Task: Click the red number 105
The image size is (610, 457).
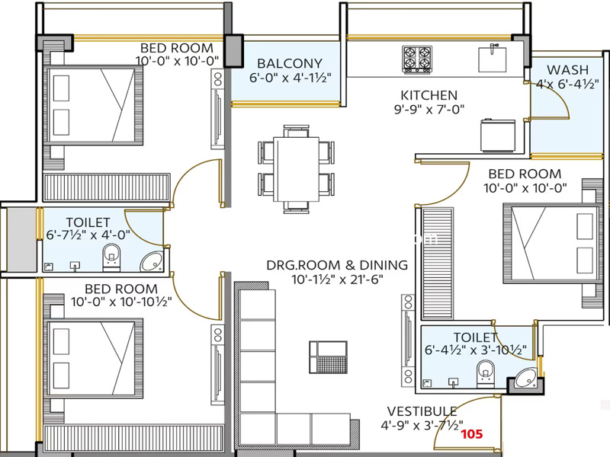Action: click(x=472, y=433)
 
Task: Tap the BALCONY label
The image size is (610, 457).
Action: click(x=290, y=63)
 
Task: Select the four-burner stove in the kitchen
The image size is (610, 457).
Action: click(x=417, y=59)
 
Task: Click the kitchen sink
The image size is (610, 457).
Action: click(x=492, y=59)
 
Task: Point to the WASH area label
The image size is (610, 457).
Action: click(x=567, y=70)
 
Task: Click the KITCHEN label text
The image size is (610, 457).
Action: click(x=429, y=95)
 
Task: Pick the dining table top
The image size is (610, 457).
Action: click(x=296, y=169)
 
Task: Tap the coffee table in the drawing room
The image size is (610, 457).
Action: click(x=329, y=357)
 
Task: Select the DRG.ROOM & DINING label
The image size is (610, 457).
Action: click(x=337, y=265)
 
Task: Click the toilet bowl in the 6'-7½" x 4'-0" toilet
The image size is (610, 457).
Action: click(x=111, y=257)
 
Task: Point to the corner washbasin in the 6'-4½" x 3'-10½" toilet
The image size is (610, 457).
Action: click(x=526, y=378)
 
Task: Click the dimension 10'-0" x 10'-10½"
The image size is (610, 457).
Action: click(x=121, y=302)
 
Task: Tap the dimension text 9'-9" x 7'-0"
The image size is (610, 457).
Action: click(x=429, y=110)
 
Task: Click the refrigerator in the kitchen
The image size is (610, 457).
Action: click(x=498, y=136)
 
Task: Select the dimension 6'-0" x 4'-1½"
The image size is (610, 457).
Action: click(x=291, y=78)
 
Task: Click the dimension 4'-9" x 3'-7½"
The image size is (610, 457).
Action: click(x=422, y=425)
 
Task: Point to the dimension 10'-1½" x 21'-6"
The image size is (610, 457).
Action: click(x=338, y=279)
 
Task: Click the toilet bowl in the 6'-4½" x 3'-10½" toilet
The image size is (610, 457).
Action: click(x=486, y=374)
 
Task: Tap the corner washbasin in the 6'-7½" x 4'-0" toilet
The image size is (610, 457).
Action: click(x=152, y=261)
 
